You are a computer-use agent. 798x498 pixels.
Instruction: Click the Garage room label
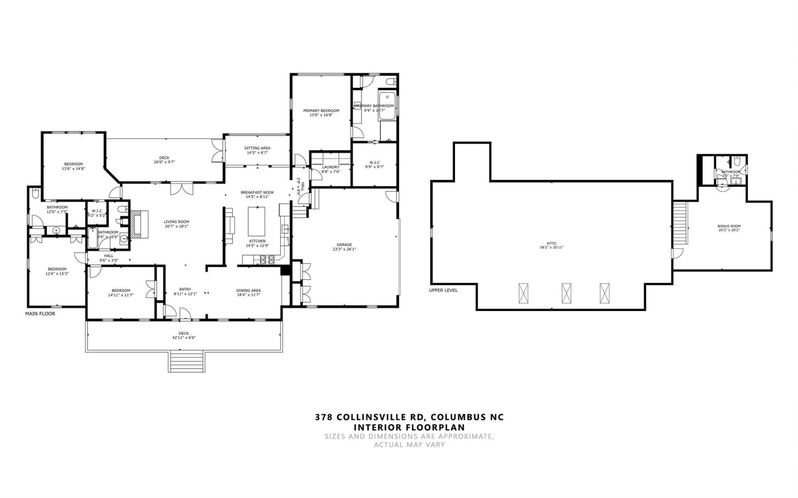coord(344,245)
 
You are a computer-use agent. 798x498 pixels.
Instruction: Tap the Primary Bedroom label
coord(321,110)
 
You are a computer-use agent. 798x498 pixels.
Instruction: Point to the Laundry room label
coord(330,167)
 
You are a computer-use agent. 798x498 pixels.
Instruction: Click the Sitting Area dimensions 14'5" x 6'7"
coord(257,152)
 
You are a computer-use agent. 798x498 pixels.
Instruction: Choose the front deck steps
coord(187,361)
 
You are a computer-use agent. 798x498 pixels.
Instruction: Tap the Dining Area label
coord(249,290)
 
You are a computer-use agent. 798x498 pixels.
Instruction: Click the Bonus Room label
coord(729,226)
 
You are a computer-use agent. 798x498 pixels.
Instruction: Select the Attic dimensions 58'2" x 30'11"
coord(552,247)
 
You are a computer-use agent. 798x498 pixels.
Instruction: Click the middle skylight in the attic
coord(566,293)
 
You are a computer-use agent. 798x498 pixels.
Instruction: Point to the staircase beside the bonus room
coord(680,222)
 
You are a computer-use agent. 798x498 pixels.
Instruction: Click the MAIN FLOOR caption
coord(40,314)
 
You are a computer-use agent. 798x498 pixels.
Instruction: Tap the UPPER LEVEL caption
coord(443,290)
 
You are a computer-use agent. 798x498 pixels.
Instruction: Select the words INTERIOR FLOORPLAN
coord(409,427)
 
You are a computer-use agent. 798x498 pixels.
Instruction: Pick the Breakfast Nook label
coord(257,192)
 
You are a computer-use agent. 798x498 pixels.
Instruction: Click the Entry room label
coord(185,289)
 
